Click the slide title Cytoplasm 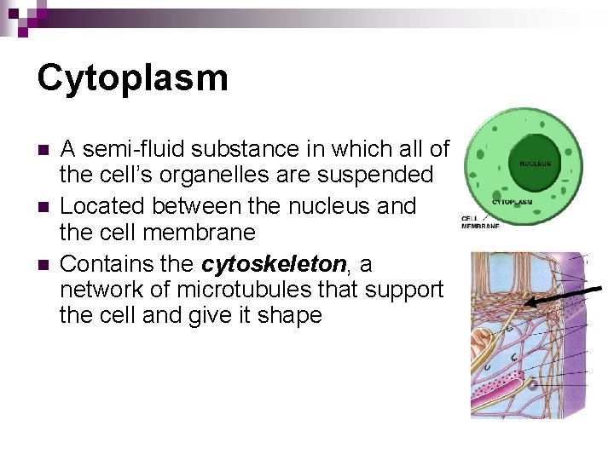click(132, 78)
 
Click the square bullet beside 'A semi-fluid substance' click(43, 151)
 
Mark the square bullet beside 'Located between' click(43, 207)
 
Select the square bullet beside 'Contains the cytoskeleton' click(43, 262)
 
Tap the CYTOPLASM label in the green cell click(512, 202)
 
